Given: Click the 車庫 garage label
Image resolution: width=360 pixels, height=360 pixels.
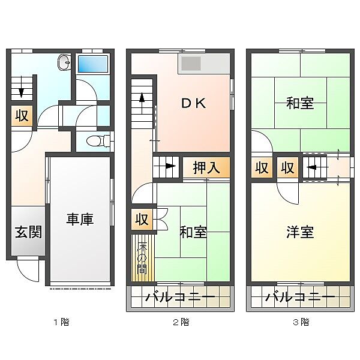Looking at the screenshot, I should [x=79, y=220].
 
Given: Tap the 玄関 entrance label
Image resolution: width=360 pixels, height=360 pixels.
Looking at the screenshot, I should [x=28, y=232].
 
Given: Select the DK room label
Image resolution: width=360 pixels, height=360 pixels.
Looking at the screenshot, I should [x=194, y=103].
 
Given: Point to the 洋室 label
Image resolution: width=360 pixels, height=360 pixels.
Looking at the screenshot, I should [x=300, y=232].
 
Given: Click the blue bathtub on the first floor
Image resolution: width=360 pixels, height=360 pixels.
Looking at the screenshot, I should [x=92, y=64].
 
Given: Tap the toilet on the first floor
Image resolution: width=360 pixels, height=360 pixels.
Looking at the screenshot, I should [x=94, y=142].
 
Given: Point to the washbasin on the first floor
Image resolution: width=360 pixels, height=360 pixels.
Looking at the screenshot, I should [x=64, y=61].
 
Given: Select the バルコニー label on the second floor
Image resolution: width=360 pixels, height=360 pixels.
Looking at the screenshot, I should [x=181, y=297].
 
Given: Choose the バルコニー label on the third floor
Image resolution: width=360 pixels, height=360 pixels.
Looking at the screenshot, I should [x=301, y=297].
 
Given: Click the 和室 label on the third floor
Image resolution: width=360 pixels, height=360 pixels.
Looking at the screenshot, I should [x=300, y=103].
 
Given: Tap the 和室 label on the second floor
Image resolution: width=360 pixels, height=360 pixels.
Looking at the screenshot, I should [x=193, y=232].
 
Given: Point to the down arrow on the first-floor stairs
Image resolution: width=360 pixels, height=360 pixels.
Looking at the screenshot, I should [x=22, y=90].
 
